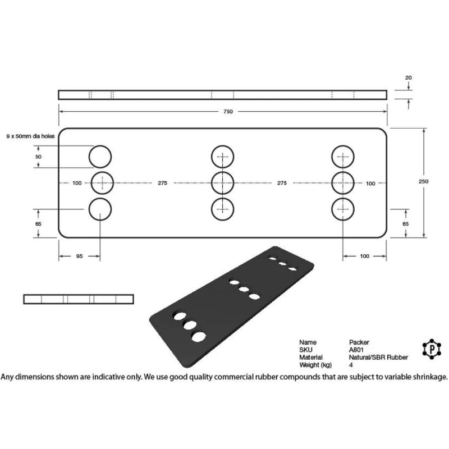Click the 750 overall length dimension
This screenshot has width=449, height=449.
click(x=228, y=112)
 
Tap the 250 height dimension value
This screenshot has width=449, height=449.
click(x=423, y=181)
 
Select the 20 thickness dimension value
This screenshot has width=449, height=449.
click(x=409, y=77)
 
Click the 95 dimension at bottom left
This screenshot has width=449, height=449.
click(x=79, y=256)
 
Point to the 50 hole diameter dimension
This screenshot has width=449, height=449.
click(x=38, y=157)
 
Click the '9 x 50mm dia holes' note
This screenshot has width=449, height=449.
click(x=30, y=136)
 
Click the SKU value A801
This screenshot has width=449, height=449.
click(x=356, y=350)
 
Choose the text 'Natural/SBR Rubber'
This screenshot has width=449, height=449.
click(x=378, y=358)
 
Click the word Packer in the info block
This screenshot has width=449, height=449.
click(x=359, y=342)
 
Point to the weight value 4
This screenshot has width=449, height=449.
click(x=351, y=365)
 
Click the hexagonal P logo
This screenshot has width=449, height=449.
click(x=432, y=349)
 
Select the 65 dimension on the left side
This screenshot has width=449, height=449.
click(x=38, y=224)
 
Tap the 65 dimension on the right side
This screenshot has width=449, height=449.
click(x=405, y=224)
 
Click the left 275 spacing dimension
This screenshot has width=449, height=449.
click(x=162, y=183)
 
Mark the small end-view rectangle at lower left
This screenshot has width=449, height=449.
click(x=79, y=299)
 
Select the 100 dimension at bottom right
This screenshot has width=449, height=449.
click(x=364, y=256)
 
